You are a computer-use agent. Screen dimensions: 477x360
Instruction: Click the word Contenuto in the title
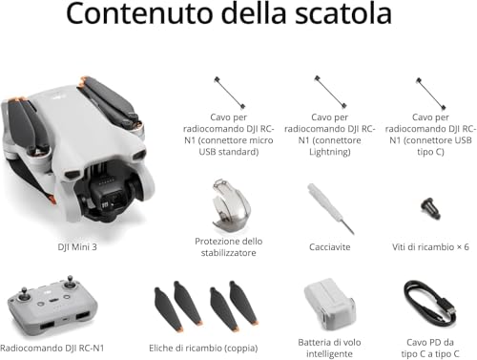(139, 12)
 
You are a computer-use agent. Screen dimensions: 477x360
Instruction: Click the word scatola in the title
(343, 12)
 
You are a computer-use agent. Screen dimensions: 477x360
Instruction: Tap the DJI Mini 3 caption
(77, 247)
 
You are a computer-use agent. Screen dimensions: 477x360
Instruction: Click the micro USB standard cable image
(229, 93)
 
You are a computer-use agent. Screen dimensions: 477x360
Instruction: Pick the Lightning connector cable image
(330, 92)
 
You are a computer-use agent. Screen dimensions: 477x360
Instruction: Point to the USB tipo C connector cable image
(431, 94)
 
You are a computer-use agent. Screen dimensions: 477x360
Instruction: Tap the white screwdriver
(330, 208)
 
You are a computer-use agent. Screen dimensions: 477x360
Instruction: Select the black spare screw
(431, 208)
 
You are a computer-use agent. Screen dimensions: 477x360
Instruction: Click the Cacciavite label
(330, 247)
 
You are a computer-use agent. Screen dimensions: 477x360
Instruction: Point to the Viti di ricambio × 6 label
(430, 247)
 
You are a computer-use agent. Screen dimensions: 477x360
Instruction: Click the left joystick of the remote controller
(24, 295)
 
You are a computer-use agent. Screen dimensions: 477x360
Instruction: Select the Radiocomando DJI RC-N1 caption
(52, 349)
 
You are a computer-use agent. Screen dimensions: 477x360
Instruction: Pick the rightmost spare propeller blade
(243, 303)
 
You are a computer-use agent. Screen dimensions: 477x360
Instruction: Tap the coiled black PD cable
(429, 306)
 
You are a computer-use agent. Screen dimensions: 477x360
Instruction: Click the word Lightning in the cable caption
(330, 152)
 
